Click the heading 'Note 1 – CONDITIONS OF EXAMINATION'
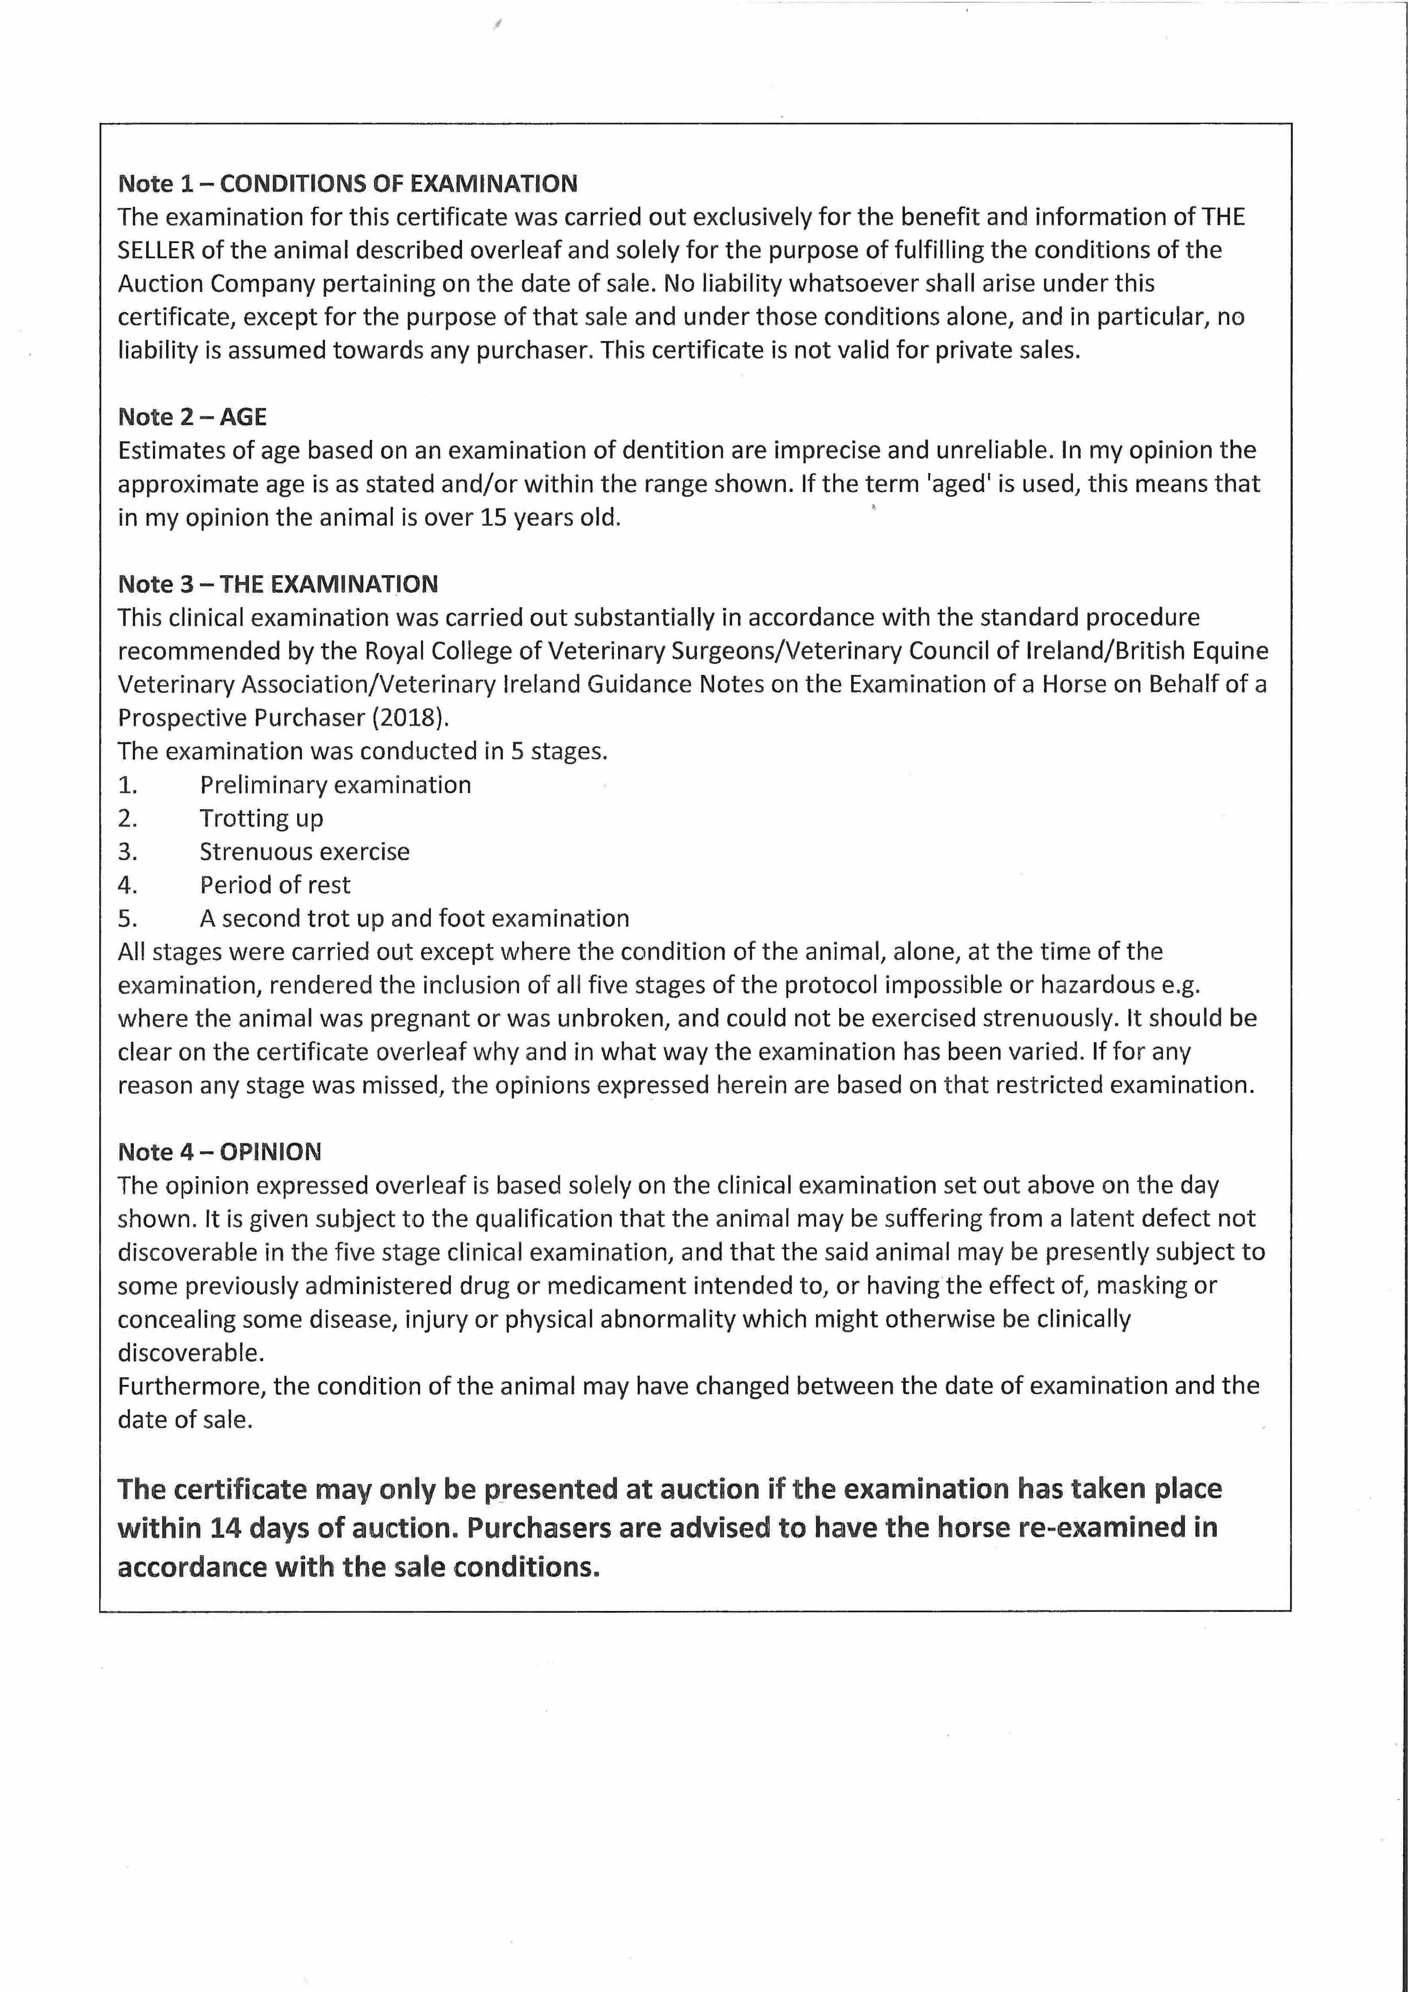(347, 184)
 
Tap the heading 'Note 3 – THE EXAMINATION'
(278, 584)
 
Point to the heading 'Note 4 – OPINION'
(219, 1152)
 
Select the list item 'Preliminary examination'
(335, 785)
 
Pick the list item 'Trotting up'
(261, 818)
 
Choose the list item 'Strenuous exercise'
(305, 852)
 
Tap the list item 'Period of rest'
(275, 885)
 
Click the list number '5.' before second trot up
(127, 919)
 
